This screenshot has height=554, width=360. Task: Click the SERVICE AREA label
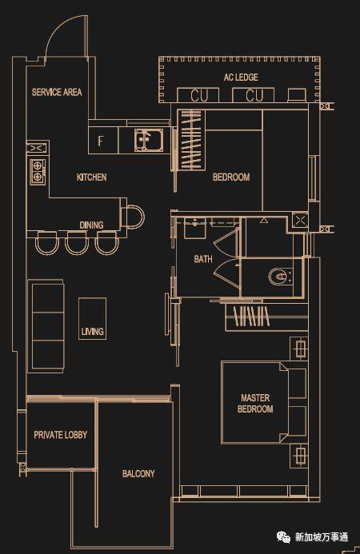coord(57,92)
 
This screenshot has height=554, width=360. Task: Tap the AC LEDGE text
coord(241,77)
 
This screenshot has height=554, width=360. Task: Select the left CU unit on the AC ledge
coord(198,95)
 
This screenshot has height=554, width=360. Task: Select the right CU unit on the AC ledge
coord(254,95)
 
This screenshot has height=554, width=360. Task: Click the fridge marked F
coord(103,141)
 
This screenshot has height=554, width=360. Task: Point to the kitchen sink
coord(149,140)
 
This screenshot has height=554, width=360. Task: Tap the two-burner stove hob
coord(38,171)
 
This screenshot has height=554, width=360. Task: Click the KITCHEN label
coord(91,177)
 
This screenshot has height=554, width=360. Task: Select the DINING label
coord(91,225)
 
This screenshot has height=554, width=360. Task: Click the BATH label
coord(203,259)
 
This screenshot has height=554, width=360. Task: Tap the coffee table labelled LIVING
coord(92,319)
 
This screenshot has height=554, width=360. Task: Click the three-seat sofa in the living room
coord(46,325)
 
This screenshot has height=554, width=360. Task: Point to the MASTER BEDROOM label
coord(255,404)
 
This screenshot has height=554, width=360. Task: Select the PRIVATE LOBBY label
coord(61,435)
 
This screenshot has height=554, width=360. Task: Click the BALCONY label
coord(138,473)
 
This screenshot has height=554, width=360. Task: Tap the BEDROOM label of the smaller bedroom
coord(231,177)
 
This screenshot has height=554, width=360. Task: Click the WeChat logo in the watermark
coord(283,537)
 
